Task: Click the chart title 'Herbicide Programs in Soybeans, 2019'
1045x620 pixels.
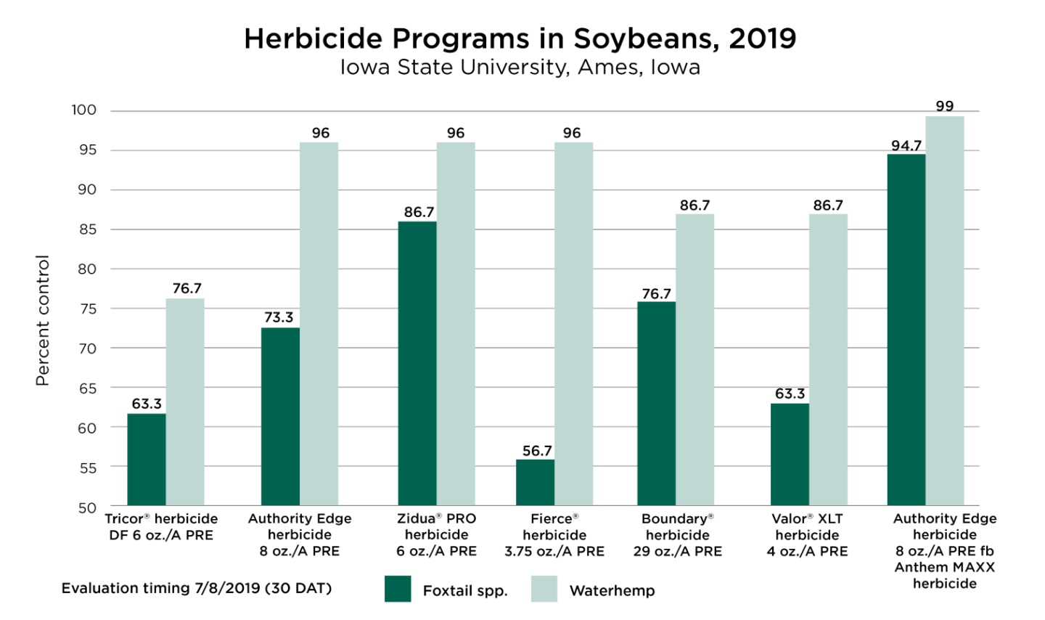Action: pos(520,38)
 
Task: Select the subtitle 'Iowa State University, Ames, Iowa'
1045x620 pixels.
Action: pos(520,68)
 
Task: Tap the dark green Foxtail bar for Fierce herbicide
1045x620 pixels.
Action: pos(535,482)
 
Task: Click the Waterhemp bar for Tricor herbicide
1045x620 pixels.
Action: pos(185,402)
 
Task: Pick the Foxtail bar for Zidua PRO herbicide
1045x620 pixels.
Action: pos(417,363)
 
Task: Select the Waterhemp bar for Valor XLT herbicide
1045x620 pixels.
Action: pos(828,359)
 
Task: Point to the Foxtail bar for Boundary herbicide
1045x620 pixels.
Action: pos(656,404)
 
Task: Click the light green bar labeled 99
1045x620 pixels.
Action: pos(945,311)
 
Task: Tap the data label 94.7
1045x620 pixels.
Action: pos(906,146)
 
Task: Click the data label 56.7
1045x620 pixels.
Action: pos(537,451)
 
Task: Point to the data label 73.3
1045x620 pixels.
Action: pos(279,317)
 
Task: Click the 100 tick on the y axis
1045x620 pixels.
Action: pos(84,110)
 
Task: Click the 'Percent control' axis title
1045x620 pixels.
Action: pos(42,320)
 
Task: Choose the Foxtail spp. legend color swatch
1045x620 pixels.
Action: pos(398,589)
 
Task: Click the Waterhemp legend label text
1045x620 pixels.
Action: pos(612,590)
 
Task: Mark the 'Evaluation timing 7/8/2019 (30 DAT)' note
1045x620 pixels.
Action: pos(197,588)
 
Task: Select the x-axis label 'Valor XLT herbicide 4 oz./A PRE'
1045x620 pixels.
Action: pos(807,535)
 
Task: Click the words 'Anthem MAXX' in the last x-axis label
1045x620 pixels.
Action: pos(945,567)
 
